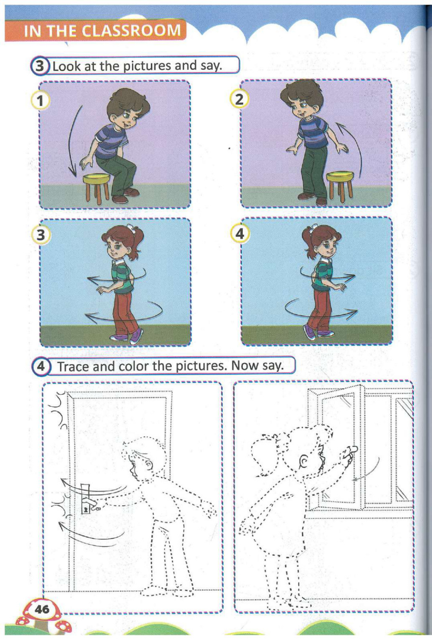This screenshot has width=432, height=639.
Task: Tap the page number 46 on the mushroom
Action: (x=42, y=609)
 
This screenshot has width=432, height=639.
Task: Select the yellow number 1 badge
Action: (x=41, y=101)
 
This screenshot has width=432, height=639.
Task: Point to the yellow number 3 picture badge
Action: (x=41, y=235)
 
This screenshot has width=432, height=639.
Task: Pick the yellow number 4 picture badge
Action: (x=240, y=234)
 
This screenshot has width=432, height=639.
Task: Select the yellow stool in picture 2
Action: (x=340, y=185)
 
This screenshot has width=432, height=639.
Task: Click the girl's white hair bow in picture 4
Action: (x=314, y=228)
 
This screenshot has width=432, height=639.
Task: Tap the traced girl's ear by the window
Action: (x=304, y=462)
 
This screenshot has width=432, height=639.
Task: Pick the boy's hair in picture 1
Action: (x=127, y=102)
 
